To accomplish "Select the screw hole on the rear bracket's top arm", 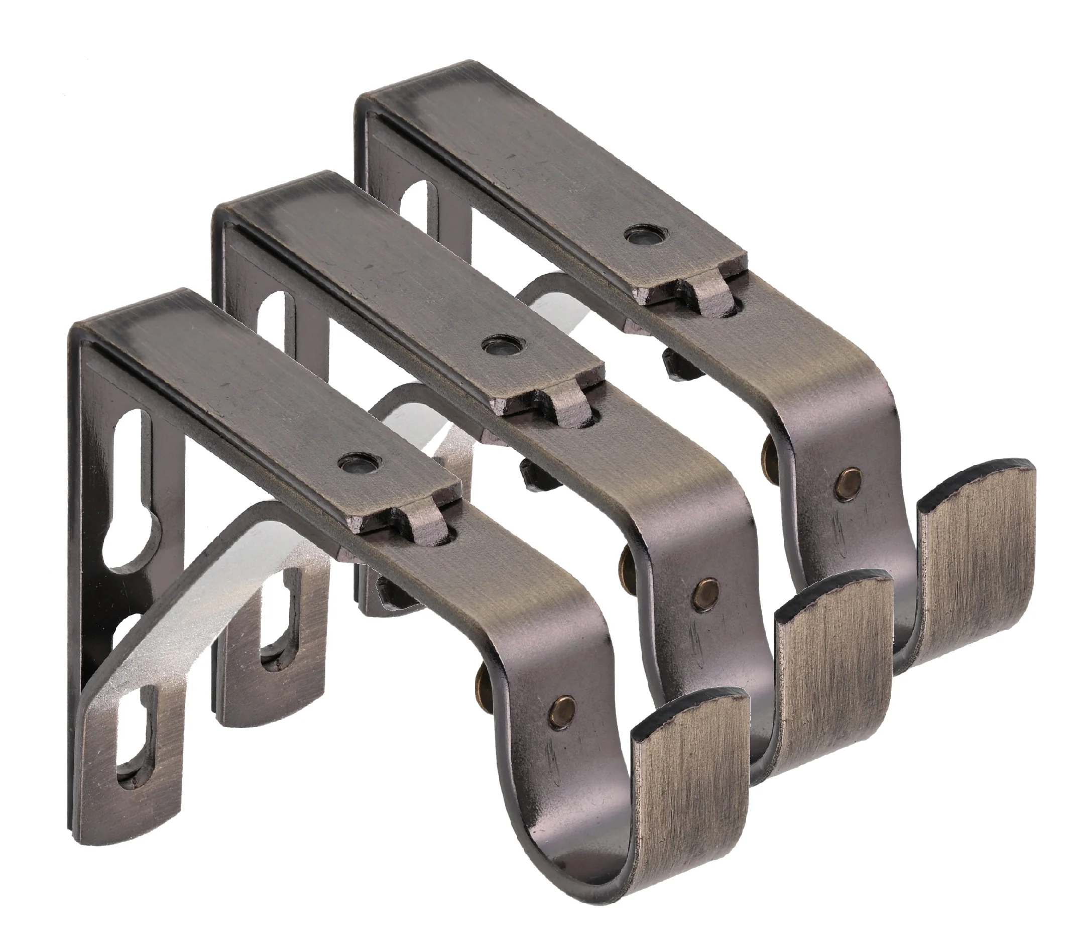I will [643, 234].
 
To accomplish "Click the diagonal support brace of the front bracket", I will [221, 615].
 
